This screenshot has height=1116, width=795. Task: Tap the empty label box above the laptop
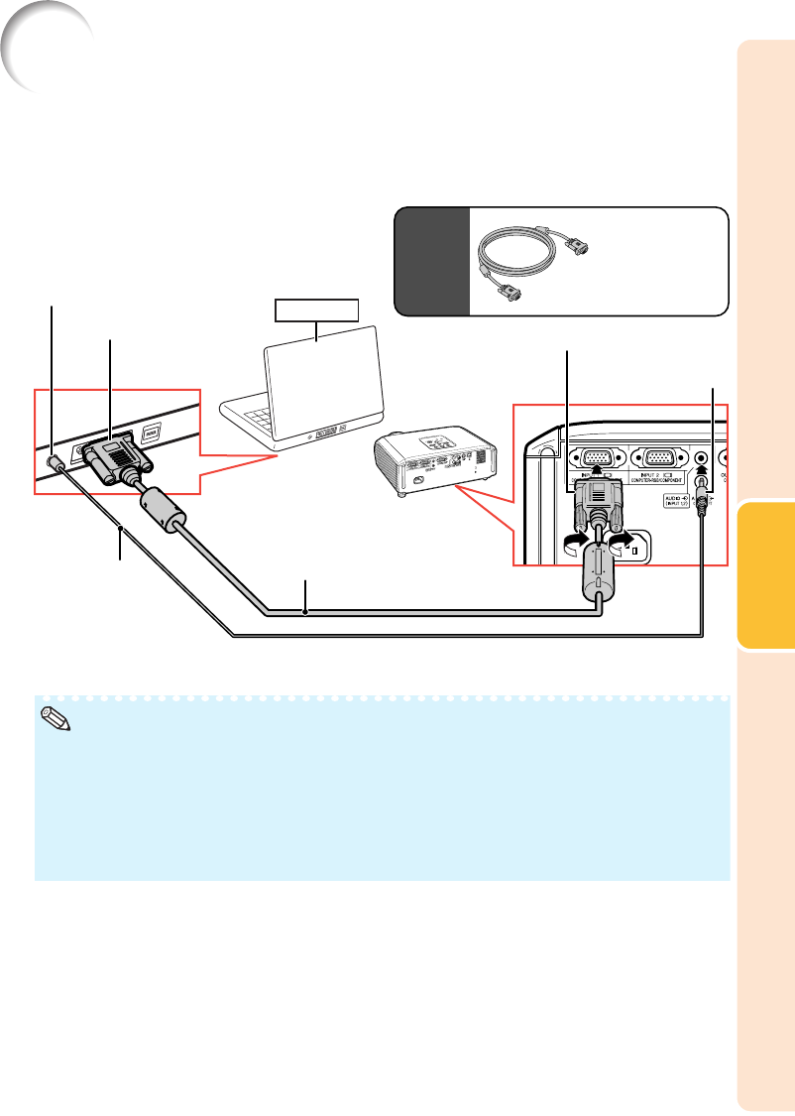(x=316, y=310)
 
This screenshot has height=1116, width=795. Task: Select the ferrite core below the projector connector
(x=599, y=568)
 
